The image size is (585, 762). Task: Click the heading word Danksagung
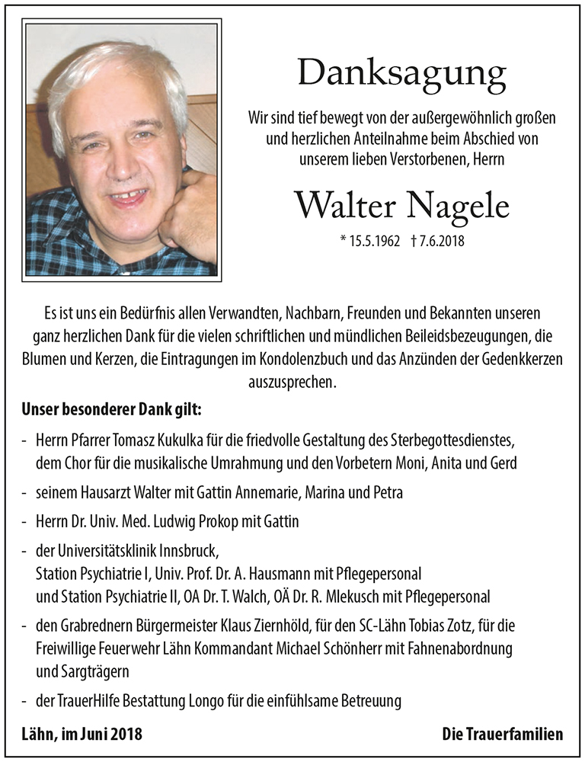(401, 74)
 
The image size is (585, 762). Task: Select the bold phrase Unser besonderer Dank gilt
(111, 411)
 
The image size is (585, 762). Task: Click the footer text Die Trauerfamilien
(502, 735)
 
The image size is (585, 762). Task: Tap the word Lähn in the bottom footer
(40, 735)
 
